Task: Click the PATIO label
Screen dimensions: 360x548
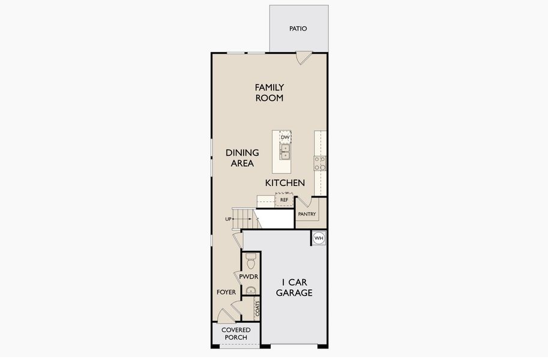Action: coord(298,28)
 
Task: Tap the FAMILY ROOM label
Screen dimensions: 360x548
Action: coord(269,92)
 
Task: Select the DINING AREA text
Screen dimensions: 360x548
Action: coord(242,158)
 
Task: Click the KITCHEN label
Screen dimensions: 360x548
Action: coord(285,182)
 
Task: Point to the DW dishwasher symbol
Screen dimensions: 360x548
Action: coord(285,137)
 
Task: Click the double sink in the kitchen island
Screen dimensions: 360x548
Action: coord(285,151)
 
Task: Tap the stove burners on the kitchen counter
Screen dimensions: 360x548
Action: coord(320,163)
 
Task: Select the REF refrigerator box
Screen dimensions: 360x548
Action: coord(284,199)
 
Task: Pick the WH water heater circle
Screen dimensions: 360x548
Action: coord(319,238)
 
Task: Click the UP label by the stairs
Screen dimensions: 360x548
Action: coord(228,219)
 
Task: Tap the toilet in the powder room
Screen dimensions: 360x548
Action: coord(251,262)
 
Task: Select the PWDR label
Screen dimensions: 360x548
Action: coord(248,277)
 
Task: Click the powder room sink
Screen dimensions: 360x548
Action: coord(251,290)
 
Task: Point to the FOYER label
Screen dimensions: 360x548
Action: coord(226,292)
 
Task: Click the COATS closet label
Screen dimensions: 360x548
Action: coord(257,309)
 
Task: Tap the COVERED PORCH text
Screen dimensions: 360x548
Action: coord(236,334)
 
